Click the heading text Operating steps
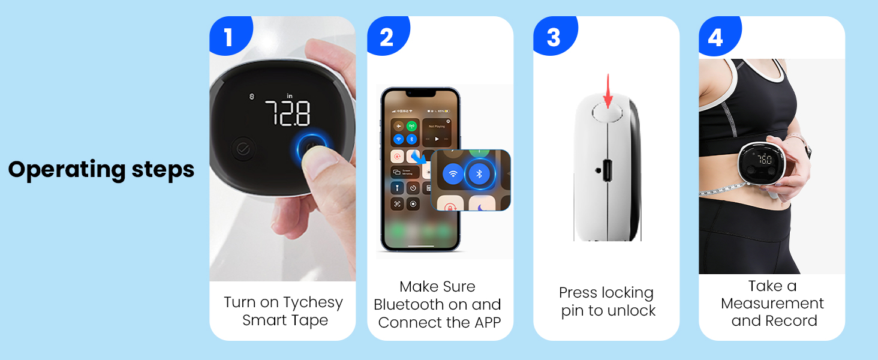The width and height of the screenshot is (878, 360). click(x=101, y=170)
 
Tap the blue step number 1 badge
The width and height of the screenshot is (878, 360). click(x=228, y=37)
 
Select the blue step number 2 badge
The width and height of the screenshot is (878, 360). click(x=387, y=37)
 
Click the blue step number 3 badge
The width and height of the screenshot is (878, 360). click(x=553, y=37)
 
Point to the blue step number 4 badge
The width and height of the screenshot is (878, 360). click(x=715, y=37)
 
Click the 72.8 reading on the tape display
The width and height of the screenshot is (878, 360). click(x=287, y=113)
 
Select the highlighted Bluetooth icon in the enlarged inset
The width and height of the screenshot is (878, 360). click(x=479, y=175)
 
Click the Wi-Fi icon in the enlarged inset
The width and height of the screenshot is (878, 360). click(x=453, y=175)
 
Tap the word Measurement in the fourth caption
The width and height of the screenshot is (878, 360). click(x=772, y=304)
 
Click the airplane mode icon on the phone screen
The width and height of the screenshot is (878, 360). click(x=397, y=127)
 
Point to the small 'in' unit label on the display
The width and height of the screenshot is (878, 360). click(x=289, y=95)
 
